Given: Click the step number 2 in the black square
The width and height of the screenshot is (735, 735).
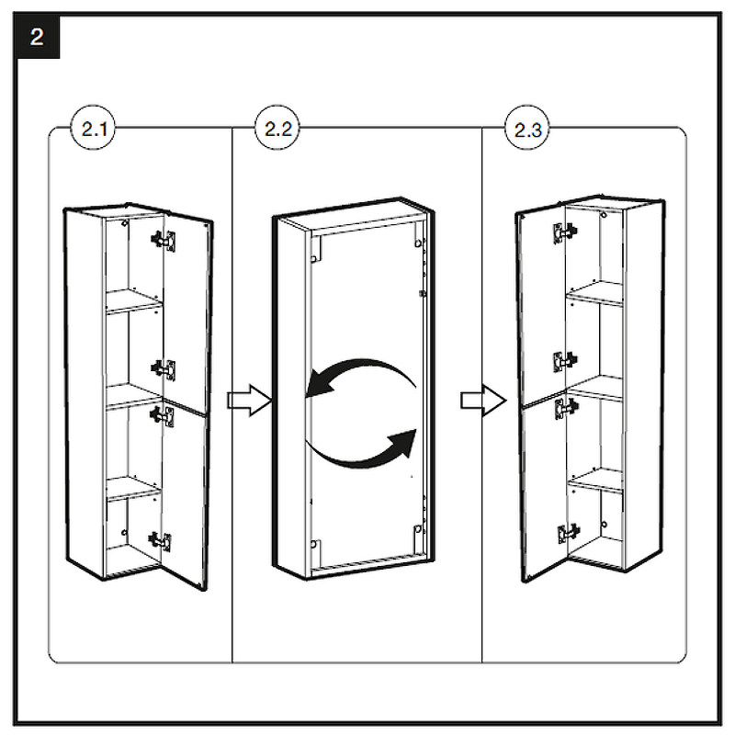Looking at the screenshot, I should click(37, 38).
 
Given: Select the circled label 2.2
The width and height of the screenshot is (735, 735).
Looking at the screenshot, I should click(277, 130).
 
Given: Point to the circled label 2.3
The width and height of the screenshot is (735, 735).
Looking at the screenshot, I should click(526, 130).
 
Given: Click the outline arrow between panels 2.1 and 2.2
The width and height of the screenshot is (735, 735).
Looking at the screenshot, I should click(247, 401).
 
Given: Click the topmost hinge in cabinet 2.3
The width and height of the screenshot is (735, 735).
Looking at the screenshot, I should click(561, 233).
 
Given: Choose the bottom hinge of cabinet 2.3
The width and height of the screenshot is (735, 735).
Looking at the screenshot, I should click(569, 534).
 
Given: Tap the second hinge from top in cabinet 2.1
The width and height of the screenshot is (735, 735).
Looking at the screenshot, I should click(164, 368).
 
